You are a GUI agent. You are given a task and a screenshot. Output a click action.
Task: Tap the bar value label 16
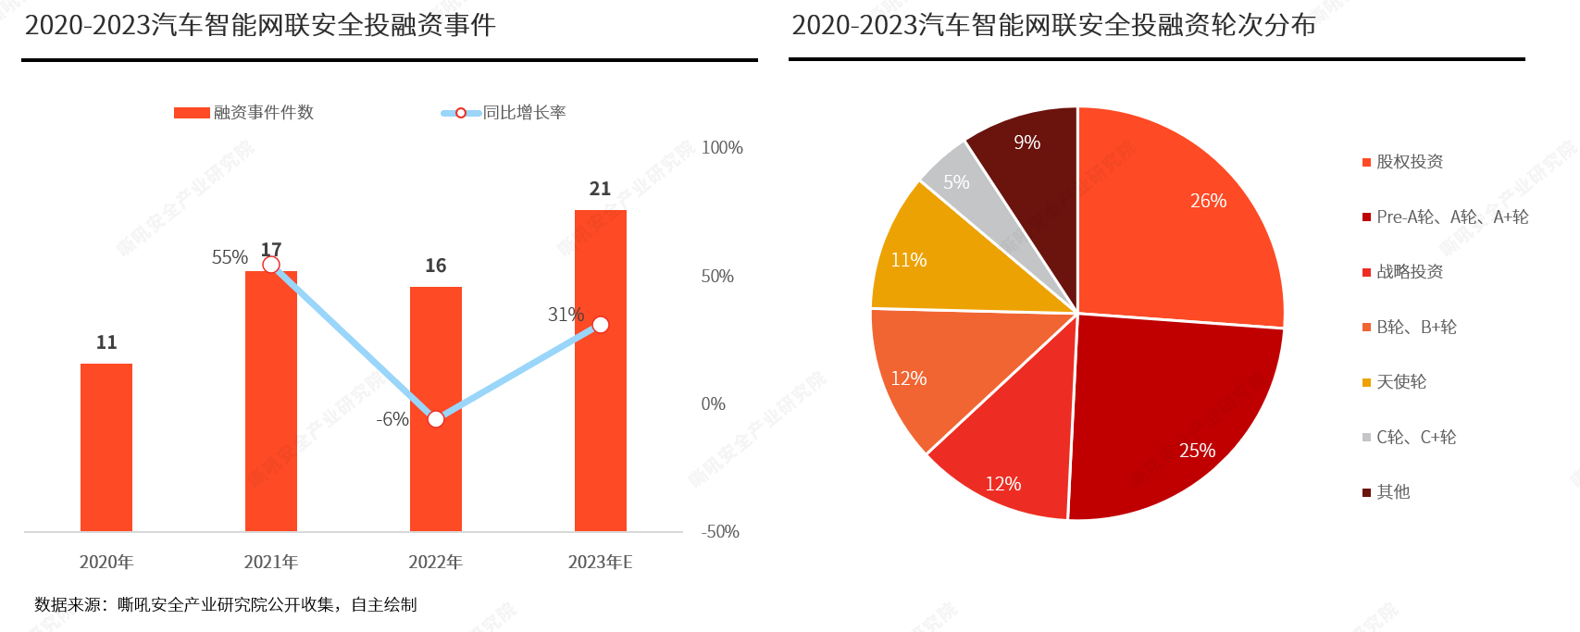click(x=436, y=266)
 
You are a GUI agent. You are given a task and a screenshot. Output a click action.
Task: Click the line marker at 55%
click(x=271, y=265)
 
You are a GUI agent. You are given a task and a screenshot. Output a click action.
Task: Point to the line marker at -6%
click(x=436, y=419)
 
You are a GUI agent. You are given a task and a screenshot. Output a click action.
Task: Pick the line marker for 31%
click(x=601, y=325)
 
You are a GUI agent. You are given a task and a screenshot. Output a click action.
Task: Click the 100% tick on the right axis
click(x=722, y=148)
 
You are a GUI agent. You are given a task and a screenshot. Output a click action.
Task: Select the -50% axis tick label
click(x=720, y=532)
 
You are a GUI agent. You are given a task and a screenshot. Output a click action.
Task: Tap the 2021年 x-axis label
click(x=271, y=563)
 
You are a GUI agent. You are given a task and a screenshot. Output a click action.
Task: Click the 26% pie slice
click(x=1185, y=222)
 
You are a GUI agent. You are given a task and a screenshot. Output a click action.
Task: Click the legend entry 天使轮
click(x=1400, y=382)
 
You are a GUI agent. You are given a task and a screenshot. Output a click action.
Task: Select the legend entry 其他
click(x=1392, y=492)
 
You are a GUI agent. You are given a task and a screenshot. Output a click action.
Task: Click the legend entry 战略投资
click(x=1409, y=272)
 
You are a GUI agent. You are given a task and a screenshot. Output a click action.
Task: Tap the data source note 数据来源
click(x=226, y=605)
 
